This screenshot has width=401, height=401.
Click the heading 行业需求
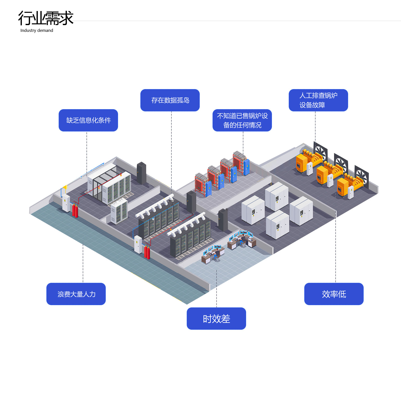pyautogui.click(x=46, y=18)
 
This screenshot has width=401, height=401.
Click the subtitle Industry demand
pyautogui.click(x=37, y=30)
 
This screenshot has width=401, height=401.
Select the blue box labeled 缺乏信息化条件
pyautogui.click(x=88, y=120)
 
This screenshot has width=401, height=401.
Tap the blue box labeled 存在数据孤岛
pyautogui.click(x=170, y=100)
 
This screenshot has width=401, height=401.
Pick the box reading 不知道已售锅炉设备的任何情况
pyautogui.click(x=242, y=120)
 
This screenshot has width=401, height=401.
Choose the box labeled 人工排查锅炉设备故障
pyautogui.click(x=318, y=100)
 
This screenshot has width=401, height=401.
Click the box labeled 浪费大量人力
pyautogui.click(x=76, y=294)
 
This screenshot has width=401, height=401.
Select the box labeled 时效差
pyautogui.click(x=216, y=318)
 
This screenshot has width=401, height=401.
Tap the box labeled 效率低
pyautogui.click(x=334, y=294)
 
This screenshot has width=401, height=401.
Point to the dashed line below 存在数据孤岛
pyautogui.click(x=171, y=151)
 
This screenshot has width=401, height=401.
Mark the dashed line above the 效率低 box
pyautogui.click(x=336, y=248)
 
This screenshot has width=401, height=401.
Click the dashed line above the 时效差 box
pyautogui.click(x=217, y=289)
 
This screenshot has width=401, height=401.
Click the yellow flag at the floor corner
pyautogui.click(x=65, y=187)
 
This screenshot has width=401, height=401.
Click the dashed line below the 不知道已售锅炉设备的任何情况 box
pyautogui.click(x=243, y=142)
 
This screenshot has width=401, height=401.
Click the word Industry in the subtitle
pyautogui.click(x=28, y=30)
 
